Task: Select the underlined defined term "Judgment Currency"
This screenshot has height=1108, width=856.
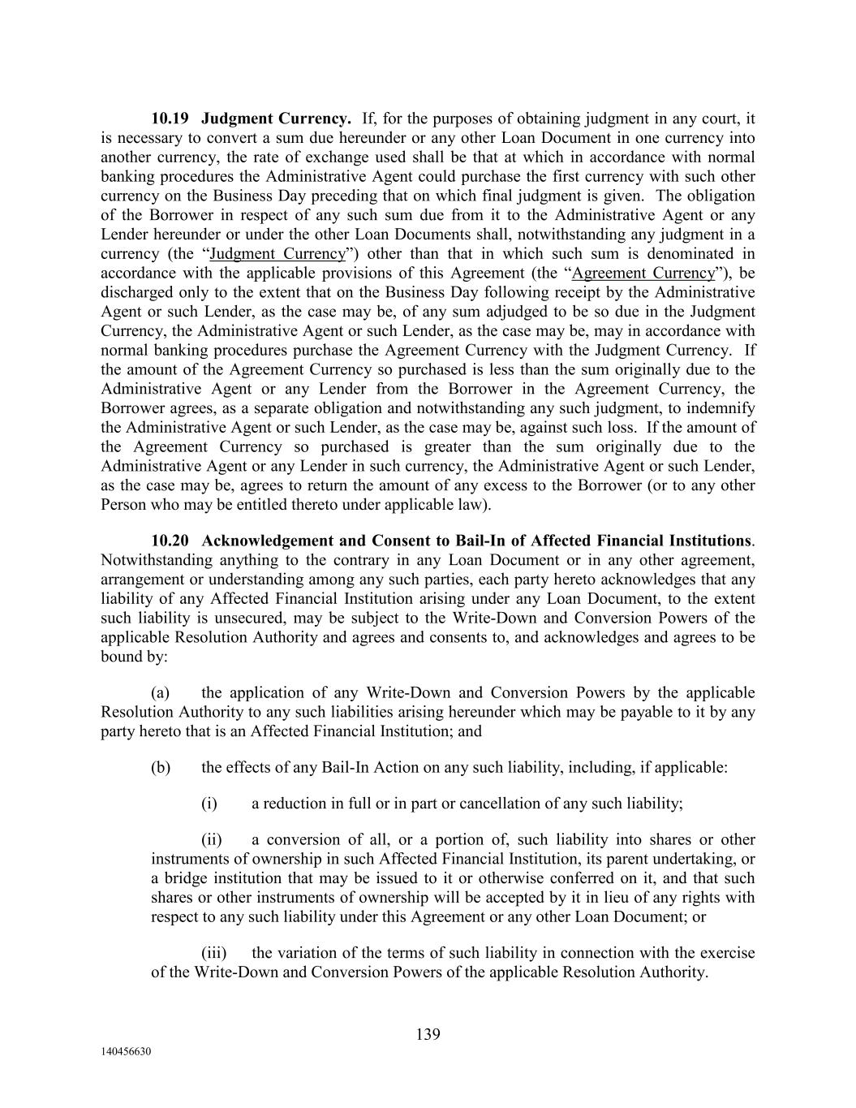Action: pos(277,254)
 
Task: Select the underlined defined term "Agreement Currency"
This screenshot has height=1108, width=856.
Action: pos(643,274)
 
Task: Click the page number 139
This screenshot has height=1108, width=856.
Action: pos(428,1034)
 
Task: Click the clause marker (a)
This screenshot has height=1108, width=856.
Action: pos(160,693)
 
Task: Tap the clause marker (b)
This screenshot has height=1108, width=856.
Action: pos(161,767)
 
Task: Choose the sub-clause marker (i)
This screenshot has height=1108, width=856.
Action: pos(209,804)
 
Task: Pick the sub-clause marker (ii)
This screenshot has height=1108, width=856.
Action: pos(212,840)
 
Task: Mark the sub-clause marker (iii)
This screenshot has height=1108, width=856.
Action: pos(213,953)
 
